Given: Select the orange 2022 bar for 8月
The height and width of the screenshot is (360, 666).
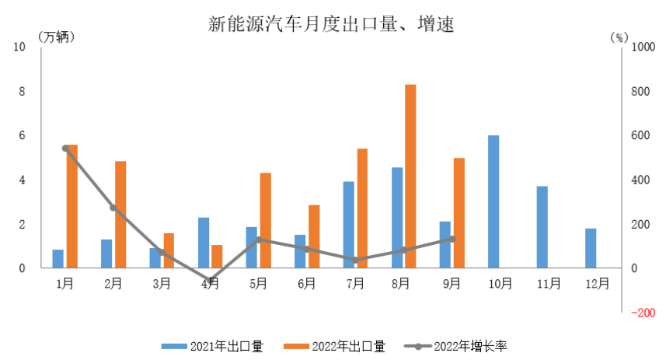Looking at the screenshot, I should point(410,176).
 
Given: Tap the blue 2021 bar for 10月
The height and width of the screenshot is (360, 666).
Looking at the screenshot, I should point(493,201).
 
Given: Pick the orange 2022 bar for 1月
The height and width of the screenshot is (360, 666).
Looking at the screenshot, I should point(72,206).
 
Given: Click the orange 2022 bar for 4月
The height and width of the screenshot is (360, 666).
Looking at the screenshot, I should point(217,257).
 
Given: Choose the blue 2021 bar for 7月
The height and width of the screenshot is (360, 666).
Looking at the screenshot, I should point(348,225).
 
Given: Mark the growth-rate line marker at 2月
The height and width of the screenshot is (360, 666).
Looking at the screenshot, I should point(113,208).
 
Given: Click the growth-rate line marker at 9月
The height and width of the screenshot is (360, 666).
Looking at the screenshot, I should point(452,239).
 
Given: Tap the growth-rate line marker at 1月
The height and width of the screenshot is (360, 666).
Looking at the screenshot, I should point(65,148).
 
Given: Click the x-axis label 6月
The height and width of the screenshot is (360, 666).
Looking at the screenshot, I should point(306,283).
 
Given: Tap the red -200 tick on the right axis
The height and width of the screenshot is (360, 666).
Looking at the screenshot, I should point(643,313).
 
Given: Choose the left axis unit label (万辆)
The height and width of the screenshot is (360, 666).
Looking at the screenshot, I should point(57,37).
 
